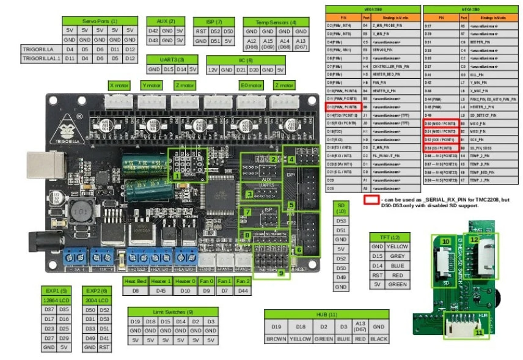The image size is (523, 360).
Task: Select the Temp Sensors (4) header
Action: click(273, 21)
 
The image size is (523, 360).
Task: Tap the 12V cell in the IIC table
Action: click(213, 70)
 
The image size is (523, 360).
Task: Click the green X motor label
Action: click(119, 85)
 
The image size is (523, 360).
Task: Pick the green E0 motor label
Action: click(249, 85)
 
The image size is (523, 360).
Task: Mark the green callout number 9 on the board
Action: click(280, 273)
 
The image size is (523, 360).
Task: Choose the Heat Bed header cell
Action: click(136, 281)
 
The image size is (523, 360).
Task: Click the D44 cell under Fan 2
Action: click(242, 290)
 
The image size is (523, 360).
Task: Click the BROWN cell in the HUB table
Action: click(276, 338)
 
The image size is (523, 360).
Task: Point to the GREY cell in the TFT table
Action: click(397, 255)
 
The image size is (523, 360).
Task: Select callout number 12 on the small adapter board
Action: click(474, 241)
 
